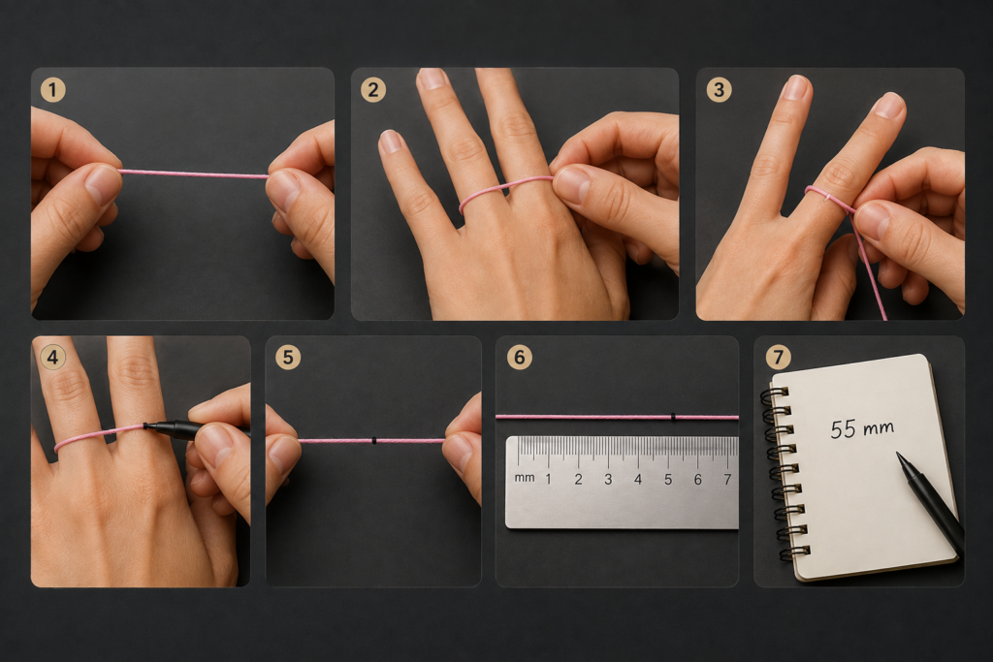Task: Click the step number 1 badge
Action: point(53,90)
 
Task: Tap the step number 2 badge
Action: point(373,90)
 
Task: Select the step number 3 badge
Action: point(719,90)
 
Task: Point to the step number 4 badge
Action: point(52,358)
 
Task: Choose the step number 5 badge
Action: point(288,358)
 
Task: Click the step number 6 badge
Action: point(520,358)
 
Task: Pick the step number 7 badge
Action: point(779,358)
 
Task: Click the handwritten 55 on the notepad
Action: point(843,429)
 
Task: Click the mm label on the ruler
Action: point(525,477)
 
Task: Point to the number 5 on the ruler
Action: point(668,480)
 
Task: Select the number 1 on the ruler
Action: point(549,480)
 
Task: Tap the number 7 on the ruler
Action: point(727,480)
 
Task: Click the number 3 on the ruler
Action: point(608,480)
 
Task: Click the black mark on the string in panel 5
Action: point(375,440)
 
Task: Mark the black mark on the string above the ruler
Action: point(673,417)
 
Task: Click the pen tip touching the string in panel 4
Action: point(145,426)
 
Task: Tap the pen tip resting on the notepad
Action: point(899,455)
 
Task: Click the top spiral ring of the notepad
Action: point(778,393)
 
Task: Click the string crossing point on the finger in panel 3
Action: point(828,197)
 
